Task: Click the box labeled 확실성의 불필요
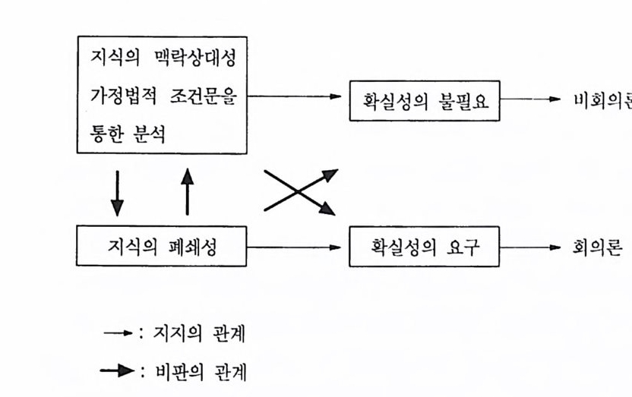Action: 425,100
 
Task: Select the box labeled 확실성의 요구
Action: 425,247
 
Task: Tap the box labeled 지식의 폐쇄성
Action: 161,247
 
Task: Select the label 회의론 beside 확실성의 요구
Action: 599,247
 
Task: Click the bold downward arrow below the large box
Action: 117,192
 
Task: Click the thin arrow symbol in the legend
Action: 118,333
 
